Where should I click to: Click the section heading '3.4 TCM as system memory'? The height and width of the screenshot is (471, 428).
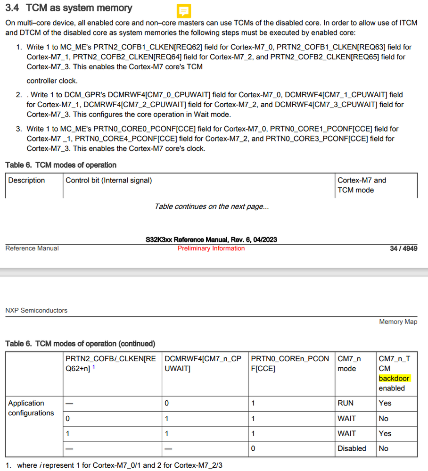(69, 8)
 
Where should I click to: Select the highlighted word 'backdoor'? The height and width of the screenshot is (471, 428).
(394, 378)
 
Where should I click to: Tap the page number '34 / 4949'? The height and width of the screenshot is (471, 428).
(403, 248)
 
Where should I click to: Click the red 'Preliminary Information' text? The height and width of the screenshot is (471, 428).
(211, 248)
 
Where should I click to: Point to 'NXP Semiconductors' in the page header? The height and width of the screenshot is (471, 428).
(36, 310)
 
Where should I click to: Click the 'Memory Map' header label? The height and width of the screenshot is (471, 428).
(398, 322)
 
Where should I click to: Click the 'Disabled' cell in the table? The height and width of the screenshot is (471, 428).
(351, 448)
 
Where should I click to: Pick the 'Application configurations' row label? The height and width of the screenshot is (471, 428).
(31, 408)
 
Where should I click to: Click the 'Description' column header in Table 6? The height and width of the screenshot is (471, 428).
(26, 180)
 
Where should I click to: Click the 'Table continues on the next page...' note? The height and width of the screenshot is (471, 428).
(212, 207)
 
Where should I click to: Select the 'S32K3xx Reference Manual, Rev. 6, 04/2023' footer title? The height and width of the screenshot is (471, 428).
(211, 240)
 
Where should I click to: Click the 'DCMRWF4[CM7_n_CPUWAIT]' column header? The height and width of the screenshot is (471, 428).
(203, 364)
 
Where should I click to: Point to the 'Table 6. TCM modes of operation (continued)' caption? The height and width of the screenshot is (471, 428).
(80, 344)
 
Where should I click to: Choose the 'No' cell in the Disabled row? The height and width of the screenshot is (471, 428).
(384, 448)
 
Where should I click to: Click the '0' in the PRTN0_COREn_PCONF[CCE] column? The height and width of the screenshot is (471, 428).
(253, 448)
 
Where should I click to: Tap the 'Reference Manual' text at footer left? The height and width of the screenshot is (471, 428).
(32, 248)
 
